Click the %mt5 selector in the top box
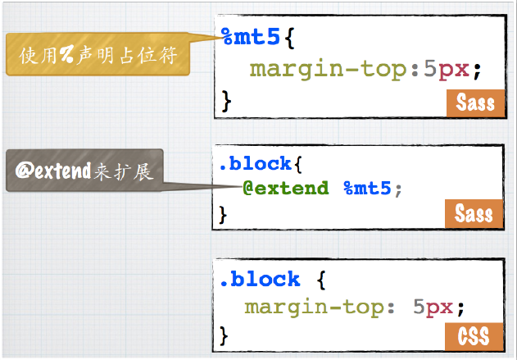251,37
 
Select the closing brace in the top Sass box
228,102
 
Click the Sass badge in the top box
475,103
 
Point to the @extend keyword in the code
286,188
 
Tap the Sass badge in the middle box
474,214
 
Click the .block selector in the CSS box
259,280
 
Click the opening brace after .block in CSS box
322,280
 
